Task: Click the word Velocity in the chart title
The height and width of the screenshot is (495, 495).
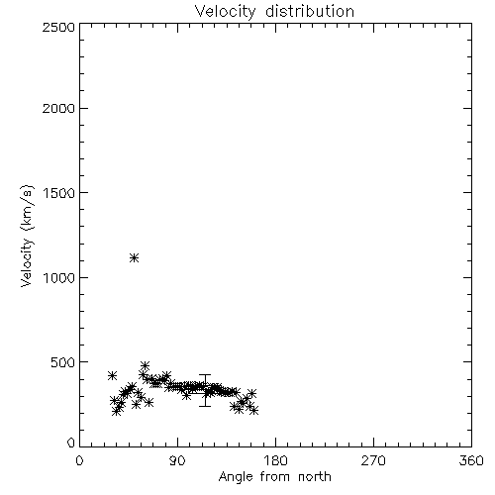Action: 225,12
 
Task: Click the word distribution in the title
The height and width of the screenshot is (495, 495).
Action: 310,11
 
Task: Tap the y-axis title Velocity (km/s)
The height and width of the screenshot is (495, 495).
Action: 27,236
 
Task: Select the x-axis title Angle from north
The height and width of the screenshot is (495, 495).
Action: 274,477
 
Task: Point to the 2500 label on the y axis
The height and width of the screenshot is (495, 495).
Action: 59,27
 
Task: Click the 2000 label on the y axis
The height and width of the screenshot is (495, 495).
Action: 59,108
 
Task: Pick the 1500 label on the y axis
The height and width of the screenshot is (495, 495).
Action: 59,193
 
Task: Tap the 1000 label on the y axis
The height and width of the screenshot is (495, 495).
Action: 59,277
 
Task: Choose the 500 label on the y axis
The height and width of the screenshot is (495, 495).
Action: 63,362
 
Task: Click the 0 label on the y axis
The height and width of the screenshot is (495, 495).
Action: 71,443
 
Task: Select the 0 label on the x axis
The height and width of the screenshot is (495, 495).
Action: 79,460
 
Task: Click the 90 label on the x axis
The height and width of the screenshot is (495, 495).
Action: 177,460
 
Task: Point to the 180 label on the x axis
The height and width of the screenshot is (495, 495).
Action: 275,460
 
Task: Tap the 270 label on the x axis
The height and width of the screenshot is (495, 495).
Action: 373,460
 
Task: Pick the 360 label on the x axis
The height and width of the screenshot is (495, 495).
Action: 471,460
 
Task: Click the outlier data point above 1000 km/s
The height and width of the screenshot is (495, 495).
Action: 134,257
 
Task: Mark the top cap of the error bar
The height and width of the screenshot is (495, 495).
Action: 205,374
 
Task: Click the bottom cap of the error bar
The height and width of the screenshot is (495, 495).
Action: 205,406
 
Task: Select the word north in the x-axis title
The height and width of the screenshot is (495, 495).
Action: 315,477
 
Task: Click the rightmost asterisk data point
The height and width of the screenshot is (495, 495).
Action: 253,411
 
